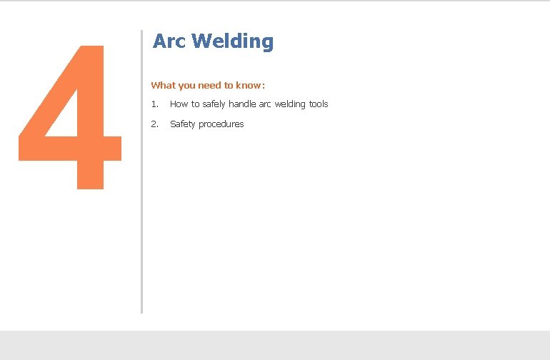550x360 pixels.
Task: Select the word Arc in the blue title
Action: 169,41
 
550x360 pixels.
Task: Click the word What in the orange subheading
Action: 163,85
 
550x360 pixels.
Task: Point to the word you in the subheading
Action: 186,85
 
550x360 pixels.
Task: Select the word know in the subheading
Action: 248,85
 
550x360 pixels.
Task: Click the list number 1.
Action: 154,104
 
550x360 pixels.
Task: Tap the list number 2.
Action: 154,124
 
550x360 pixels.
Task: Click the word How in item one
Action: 179,104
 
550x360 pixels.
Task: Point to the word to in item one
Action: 195,104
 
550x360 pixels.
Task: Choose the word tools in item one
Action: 319,104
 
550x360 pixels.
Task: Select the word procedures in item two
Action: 221,124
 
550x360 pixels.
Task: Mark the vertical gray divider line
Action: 141,171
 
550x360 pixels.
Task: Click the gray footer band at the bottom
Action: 275,345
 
